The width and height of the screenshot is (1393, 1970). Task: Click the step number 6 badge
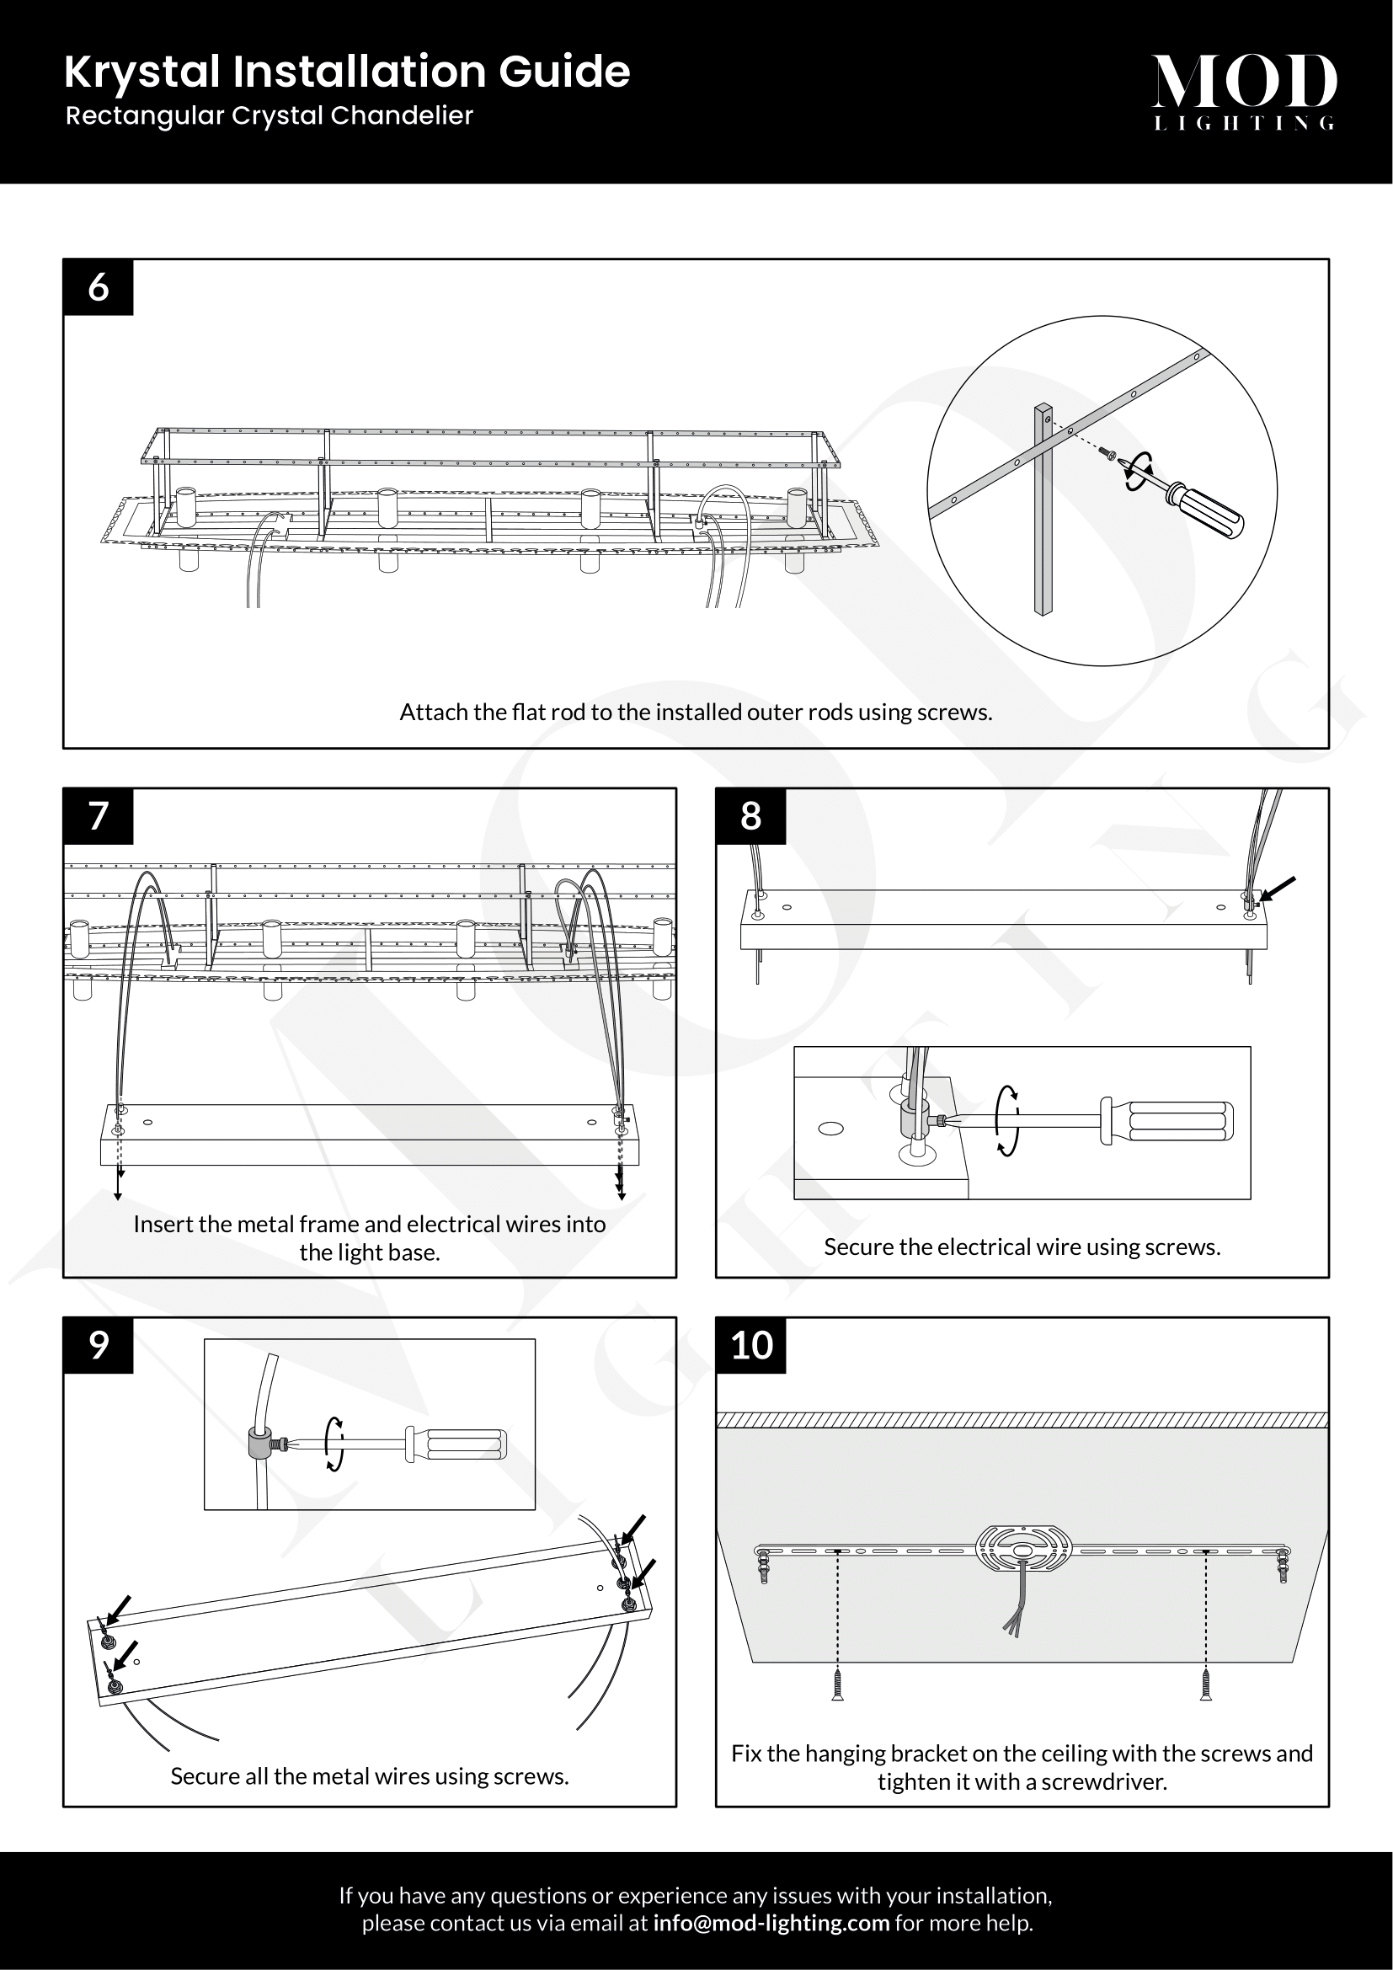(98, 286)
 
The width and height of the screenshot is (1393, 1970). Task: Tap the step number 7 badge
(98, 816)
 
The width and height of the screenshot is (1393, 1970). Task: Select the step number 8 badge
(750, 816)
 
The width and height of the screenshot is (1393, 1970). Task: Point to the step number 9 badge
(98, 1345)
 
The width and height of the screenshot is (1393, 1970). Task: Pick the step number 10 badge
(750, 1345)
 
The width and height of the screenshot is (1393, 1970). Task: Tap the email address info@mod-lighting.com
(771, 1923)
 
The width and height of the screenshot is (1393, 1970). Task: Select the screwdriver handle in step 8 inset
(1167, 1121)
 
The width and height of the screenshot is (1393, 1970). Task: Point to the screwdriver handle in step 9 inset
(456, 1445)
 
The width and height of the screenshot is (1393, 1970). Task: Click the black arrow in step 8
(1278, 889)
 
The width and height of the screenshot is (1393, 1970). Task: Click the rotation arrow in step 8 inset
(1008, 1120)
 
